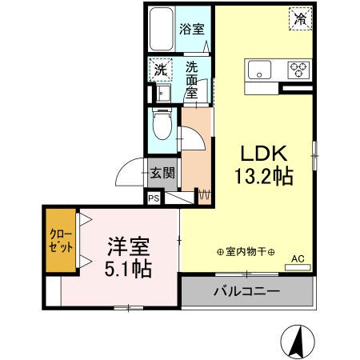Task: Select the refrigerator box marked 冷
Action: click(x=300, y=18)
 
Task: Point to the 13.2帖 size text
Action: click(x=261, y=175)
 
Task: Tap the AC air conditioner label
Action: click(x=297, y=258)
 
